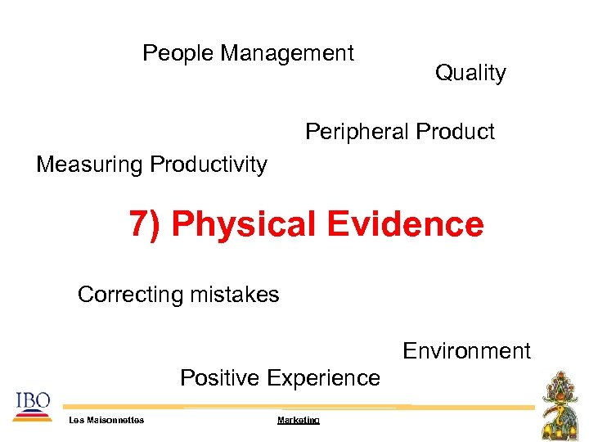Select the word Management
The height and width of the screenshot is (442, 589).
coord(287,54)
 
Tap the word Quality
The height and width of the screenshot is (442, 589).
coord(470,74)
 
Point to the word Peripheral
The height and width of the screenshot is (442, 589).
coord(357,132)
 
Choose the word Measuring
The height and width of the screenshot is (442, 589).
coord(89,165)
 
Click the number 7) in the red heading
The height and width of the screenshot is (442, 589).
coord(146,224)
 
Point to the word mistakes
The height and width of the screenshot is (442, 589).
coord(237,295)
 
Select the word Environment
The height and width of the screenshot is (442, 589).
coord(466,352)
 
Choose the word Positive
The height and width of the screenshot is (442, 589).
coord(219,378)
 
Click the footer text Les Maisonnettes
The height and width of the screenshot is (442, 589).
coord(106,420)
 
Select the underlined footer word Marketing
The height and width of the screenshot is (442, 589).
coord(299,420)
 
